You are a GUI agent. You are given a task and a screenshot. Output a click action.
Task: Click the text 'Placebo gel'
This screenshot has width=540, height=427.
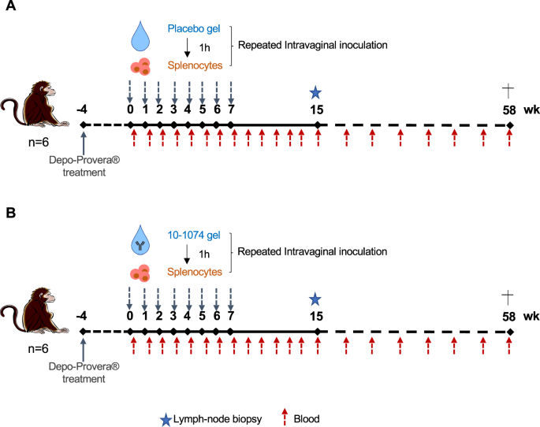[193, 29]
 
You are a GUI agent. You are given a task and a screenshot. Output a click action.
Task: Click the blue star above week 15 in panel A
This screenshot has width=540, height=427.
[316, 93]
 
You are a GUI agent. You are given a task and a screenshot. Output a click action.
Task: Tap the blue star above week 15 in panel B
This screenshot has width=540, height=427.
[316, 299]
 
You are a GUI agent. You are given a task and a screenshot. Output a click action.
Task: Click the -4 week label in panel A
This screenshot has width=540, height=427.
[82, 110]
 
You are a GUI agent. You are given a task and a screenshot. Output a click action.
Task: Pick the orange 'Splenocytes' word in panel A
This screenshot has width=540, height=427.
[193, 65]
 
